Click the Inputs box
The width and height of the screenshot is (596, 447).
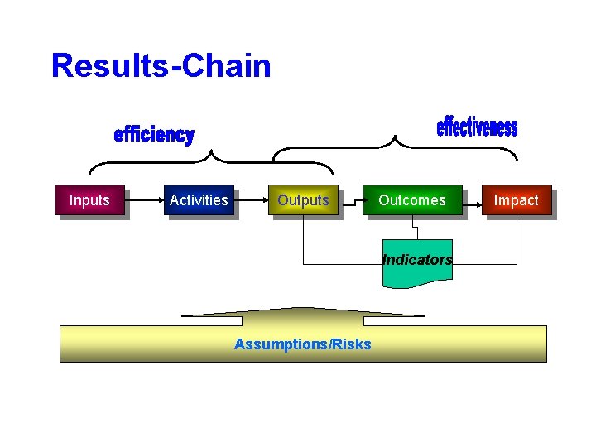point(89,199)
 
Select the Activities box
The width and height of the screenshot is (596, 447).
point(199,199)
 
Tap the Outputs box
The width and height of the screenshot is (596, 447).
point(303,199)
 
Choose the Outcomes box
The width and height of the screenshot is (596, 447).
point(412,199)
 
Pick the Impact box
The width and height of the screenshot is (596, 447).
point(516,199)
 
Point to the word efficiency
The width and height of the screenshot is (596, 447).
point(154,135)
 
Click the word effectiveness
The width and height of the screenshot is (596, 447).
point(477,127)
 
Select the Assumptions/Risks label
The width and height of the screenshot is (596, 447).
point(303,344)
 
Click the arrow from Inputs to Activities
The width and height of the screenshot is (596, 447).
point(143,199)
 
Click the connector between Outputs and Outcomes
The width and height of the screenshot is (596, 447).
point(351,199)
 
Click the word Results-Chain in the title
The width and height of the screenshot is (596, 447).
point(161,65)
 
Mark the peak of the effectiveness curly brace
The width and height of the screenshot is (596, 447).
point(396,138)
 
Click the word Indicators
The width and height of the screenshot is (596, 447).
point(417,260)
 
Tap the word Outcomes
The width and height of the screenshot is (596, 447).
point(412,199)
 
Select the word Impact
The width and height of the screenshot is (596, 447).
point(516,199)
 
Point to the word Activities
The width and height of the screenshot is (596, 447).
point(199,199)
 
